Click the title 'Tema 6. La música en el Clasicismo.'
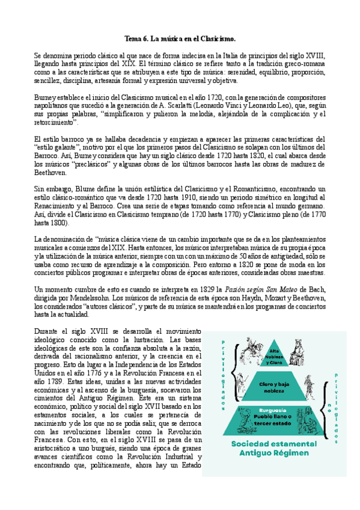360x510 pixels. pos(180,38)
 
